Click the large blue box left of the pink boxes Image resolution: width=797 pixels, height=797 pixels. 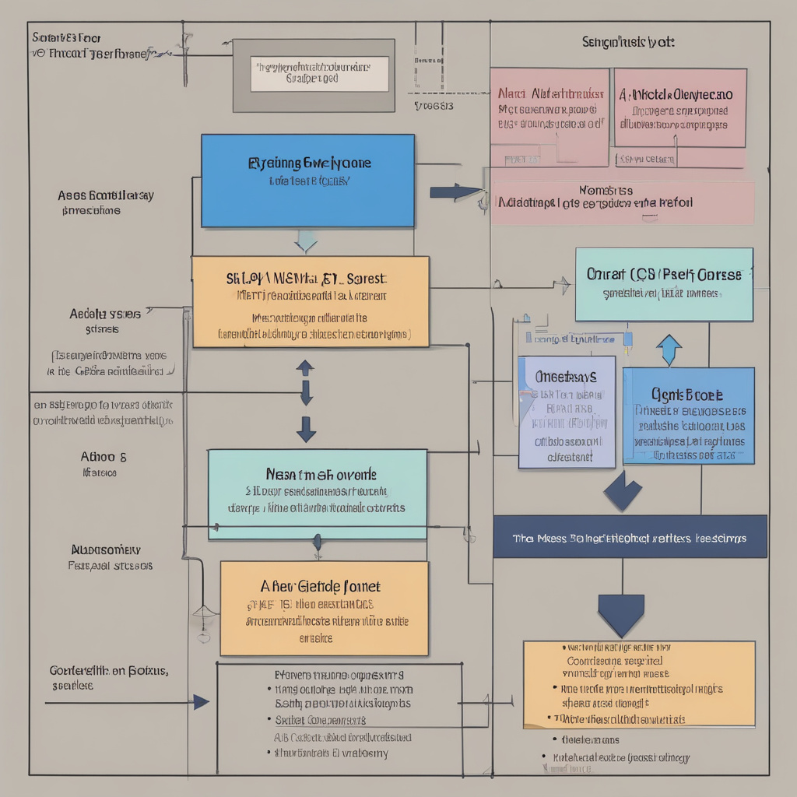click(x=307, y=181)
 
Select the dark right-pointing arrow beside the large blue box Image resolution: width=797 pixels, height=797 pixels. click(x=456, y=191)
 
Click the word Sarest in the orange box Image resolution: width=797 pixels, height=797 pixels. click(x=365, y=278)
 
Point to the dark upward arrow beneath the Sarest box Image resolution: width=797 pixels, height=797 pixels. click(x=306, y=367)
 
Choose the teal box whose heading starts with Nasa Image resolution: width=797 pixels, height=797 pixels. click(x=318, y=494)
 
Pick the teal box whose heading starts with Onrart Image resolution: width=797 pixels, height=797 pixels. click(x=664, y=285)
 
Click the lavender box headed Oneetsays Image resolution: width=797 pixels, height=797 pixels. click(x=567, y=412)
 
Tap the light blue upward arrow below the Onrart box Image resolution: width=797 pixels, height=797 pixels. click(x=669, y=350)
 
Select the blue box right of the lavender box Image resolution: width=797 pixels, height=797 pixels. click(x=688, y=416)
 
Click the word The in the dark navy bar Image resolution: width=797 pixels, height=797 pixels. click(x=521, y=538)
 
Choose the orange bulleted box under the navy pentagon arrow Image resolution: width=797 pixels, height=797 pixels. click(x=639, y=683)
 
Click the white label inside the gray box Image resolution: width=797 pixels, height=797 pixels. click(x=321, y=73)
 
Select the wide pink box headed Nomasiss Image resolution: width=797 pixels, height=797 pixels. click(x=623, y=202)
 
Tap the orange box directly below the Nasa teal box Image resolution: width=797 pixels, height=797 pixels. click(x=324, y=608)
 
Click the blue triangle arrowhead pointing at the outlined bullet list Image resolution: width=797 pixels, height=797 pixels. click(x=202, y=702)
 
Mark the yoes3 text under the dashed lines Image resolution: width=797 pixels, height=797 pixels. click(x=434, y=105)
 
